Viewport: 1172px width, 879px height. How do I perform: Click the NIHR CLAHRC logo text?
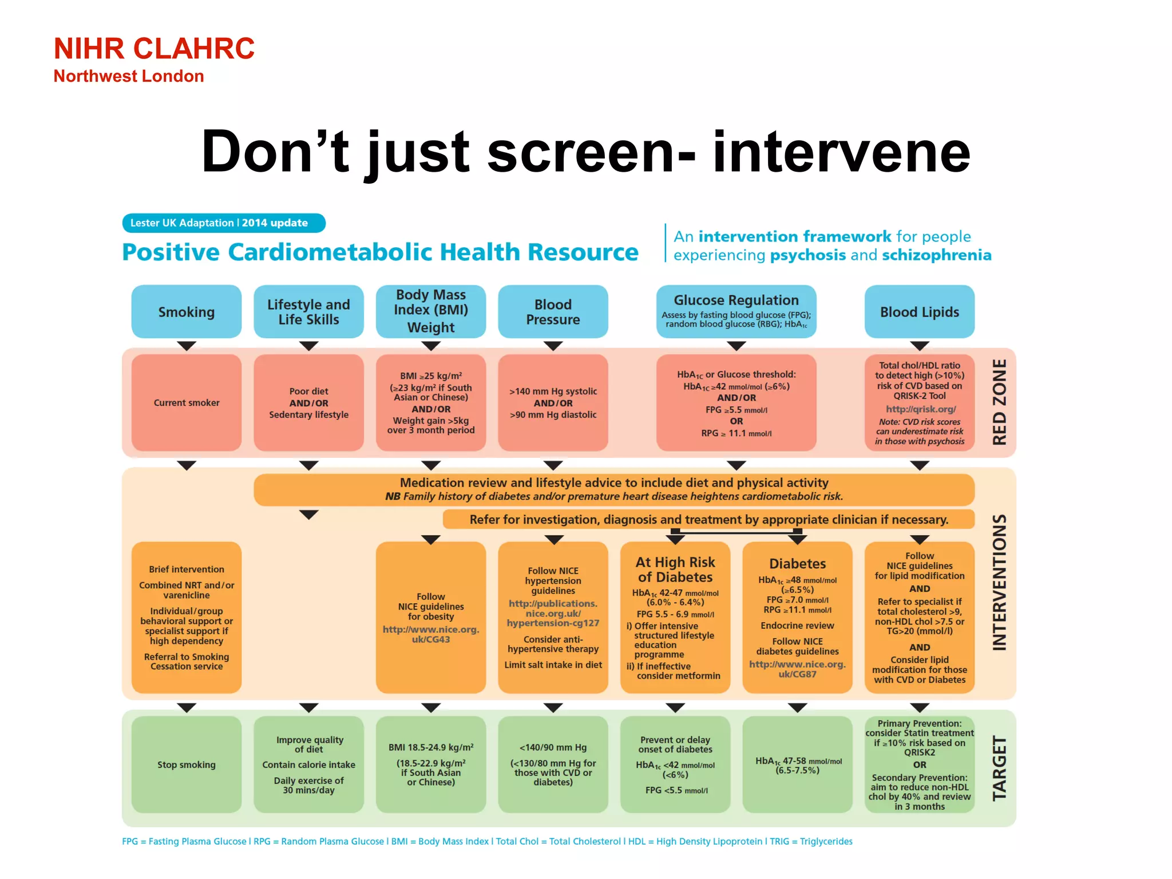(154, 49)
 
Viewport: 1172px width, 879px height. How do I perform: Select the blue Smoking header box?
(187, 312)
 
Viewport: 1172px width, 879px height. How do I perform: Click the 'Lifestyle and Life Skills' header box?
(308, 312)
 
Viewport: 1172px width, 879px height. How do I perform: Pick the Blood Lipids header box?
(919, 312)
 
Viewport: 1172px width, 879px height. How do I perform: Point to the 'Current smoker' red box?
(187, 403)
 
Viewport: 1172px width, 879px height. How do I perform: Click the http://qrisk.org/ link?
(920, 409)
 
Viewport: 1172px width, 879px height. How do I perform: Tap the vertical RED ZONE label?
(999, 402)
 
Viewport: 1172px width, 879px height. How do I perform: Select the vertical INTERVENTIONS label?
(999, 583)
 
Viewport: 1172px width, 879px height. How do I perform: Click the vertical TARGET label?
(999, 769)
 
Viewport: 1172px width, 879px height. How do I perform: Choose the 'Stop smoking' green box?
(187, 765)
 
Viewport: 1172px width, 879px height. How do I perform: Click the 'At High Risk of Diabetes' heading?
(675, 569)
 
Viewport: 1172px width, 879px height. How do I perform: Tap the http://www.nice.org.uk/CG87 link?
(797, 669)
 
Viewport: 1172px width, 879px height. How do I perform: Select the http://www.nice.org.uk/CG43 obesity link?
(431, 634)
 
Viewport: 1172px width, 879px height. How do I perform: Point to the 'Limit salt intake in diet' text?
(553, 665)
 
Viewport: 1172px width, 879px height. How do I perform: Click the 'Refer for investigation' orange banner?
(708, 520)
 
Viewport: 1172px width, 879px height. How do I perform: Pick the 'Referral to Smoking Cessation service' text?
(187, 662)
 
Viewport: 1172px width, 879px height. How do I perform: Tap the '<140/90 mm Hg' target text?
(553, 747)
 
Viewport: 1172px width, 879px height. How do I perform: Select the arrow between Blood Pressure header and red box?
(553, 346)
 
